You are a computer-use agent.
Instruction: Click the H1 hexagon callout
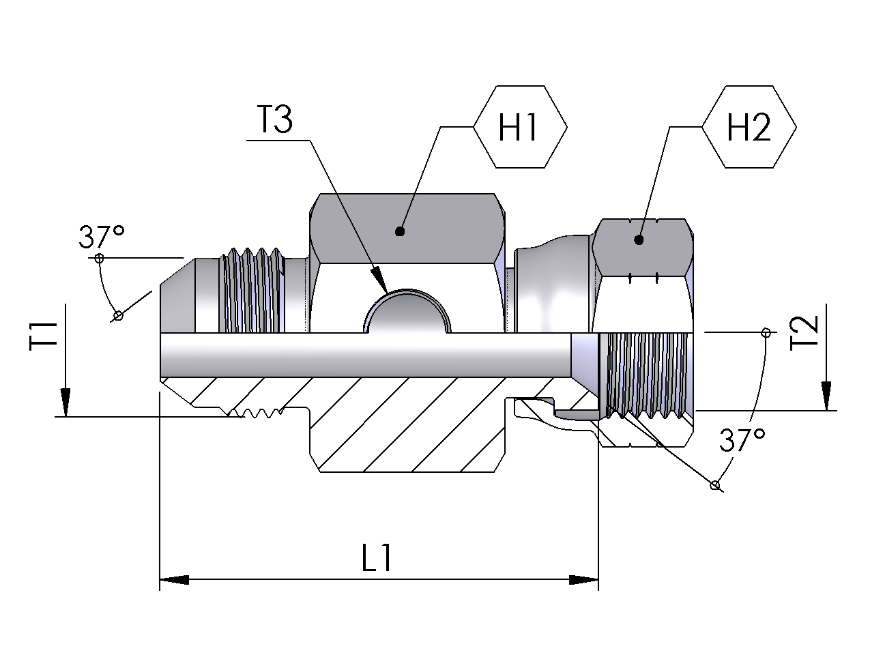pos(520,127)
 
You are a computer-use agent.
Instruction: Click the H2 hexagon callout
pos(749,127)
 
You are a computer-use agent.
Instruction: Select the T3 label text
pos(275,119)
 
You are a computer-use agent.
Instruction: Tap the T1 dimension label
pos(43,336)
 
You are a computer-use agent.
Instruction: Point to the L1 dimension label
pos(377,557)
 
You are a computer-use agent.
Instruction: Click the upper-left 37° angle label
pos(102,237)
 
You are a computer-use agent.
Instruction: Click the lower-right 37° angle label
pos(742,439)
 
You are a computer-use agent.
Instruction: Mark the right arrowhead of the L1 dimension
pos(583,580)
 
